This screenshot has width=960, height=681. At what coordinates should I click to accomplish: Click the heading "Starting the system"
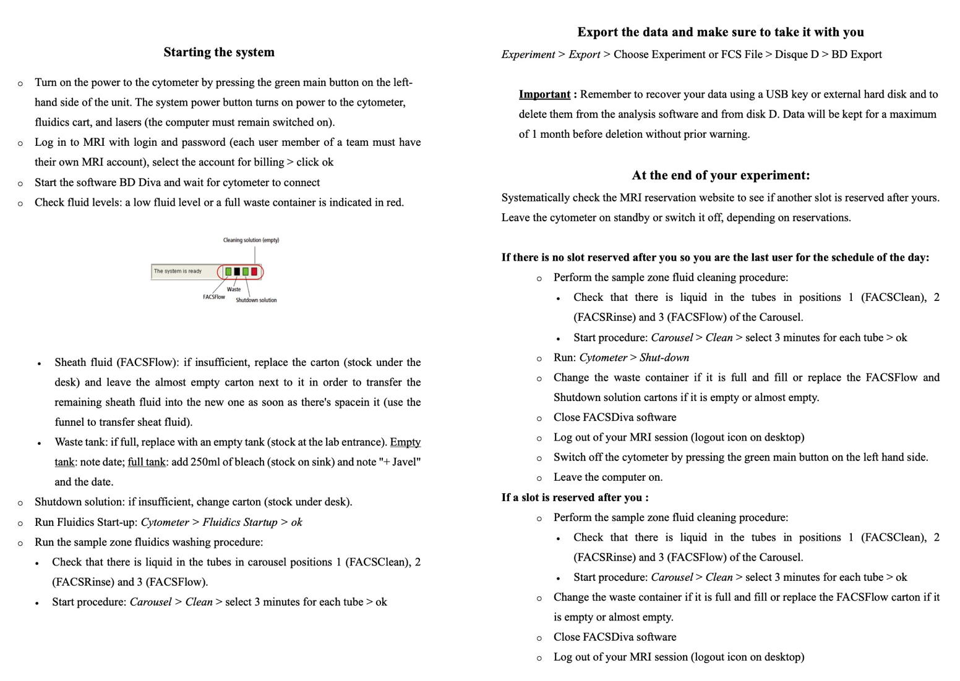pyautogui.click(x=219, y=53)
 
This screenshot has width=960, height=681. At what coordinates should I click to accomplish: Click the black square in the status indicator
pyautogui.click(x=237, y=271)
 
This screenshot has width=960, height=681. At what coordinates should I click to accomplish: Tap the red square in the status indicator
pyautogui.click(x=254, y=271)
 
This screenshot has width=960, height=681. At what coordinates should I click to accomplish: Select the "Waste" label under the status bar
pyautogui.click(x=234, y=289)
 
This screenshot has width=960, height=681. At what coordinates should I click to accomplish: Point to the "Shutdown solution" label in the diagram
pyautogui.click(x=256, y=300)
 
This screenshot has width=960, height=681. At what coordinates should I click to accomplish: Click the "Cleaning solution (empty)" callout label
pyautogui.click(x=251, y=240)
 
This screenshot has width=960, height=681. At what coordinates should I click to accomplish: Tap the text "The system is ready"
pyautogui.click(x=178, y=271)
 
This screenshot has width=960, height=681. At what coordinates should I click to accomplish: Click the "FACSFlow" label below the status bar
pyautogui.click(x=214, y=297)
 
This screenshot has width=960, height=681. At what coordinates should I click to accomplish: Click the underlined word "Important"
pyautogui.click(x=544, y=95)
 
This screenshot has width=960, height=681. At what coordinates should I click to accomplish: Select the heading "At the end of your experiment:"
pyautogui.click(x=721, y=176)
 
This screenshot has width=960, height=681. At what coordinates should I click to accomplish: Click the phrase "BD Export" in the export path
pyautogui.click(x=857, y=54)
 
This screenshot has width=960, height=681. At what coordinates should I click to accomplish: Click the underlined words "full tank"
pyautogui.click(x=147, y=462)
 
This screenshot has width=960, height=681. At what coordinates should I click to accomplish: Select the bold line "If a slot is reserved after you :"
pyautogui.click(x=575, y=497)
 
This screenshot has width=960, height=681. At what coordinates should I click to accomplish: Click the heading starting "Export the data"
pyautogui.click(x=721, y=32)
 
